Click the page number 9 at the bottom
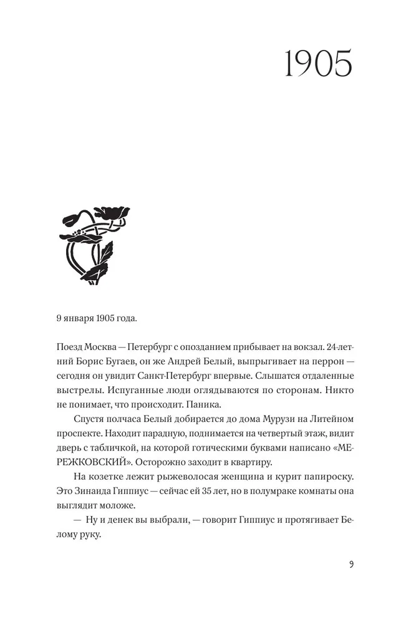pos(352,565)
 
